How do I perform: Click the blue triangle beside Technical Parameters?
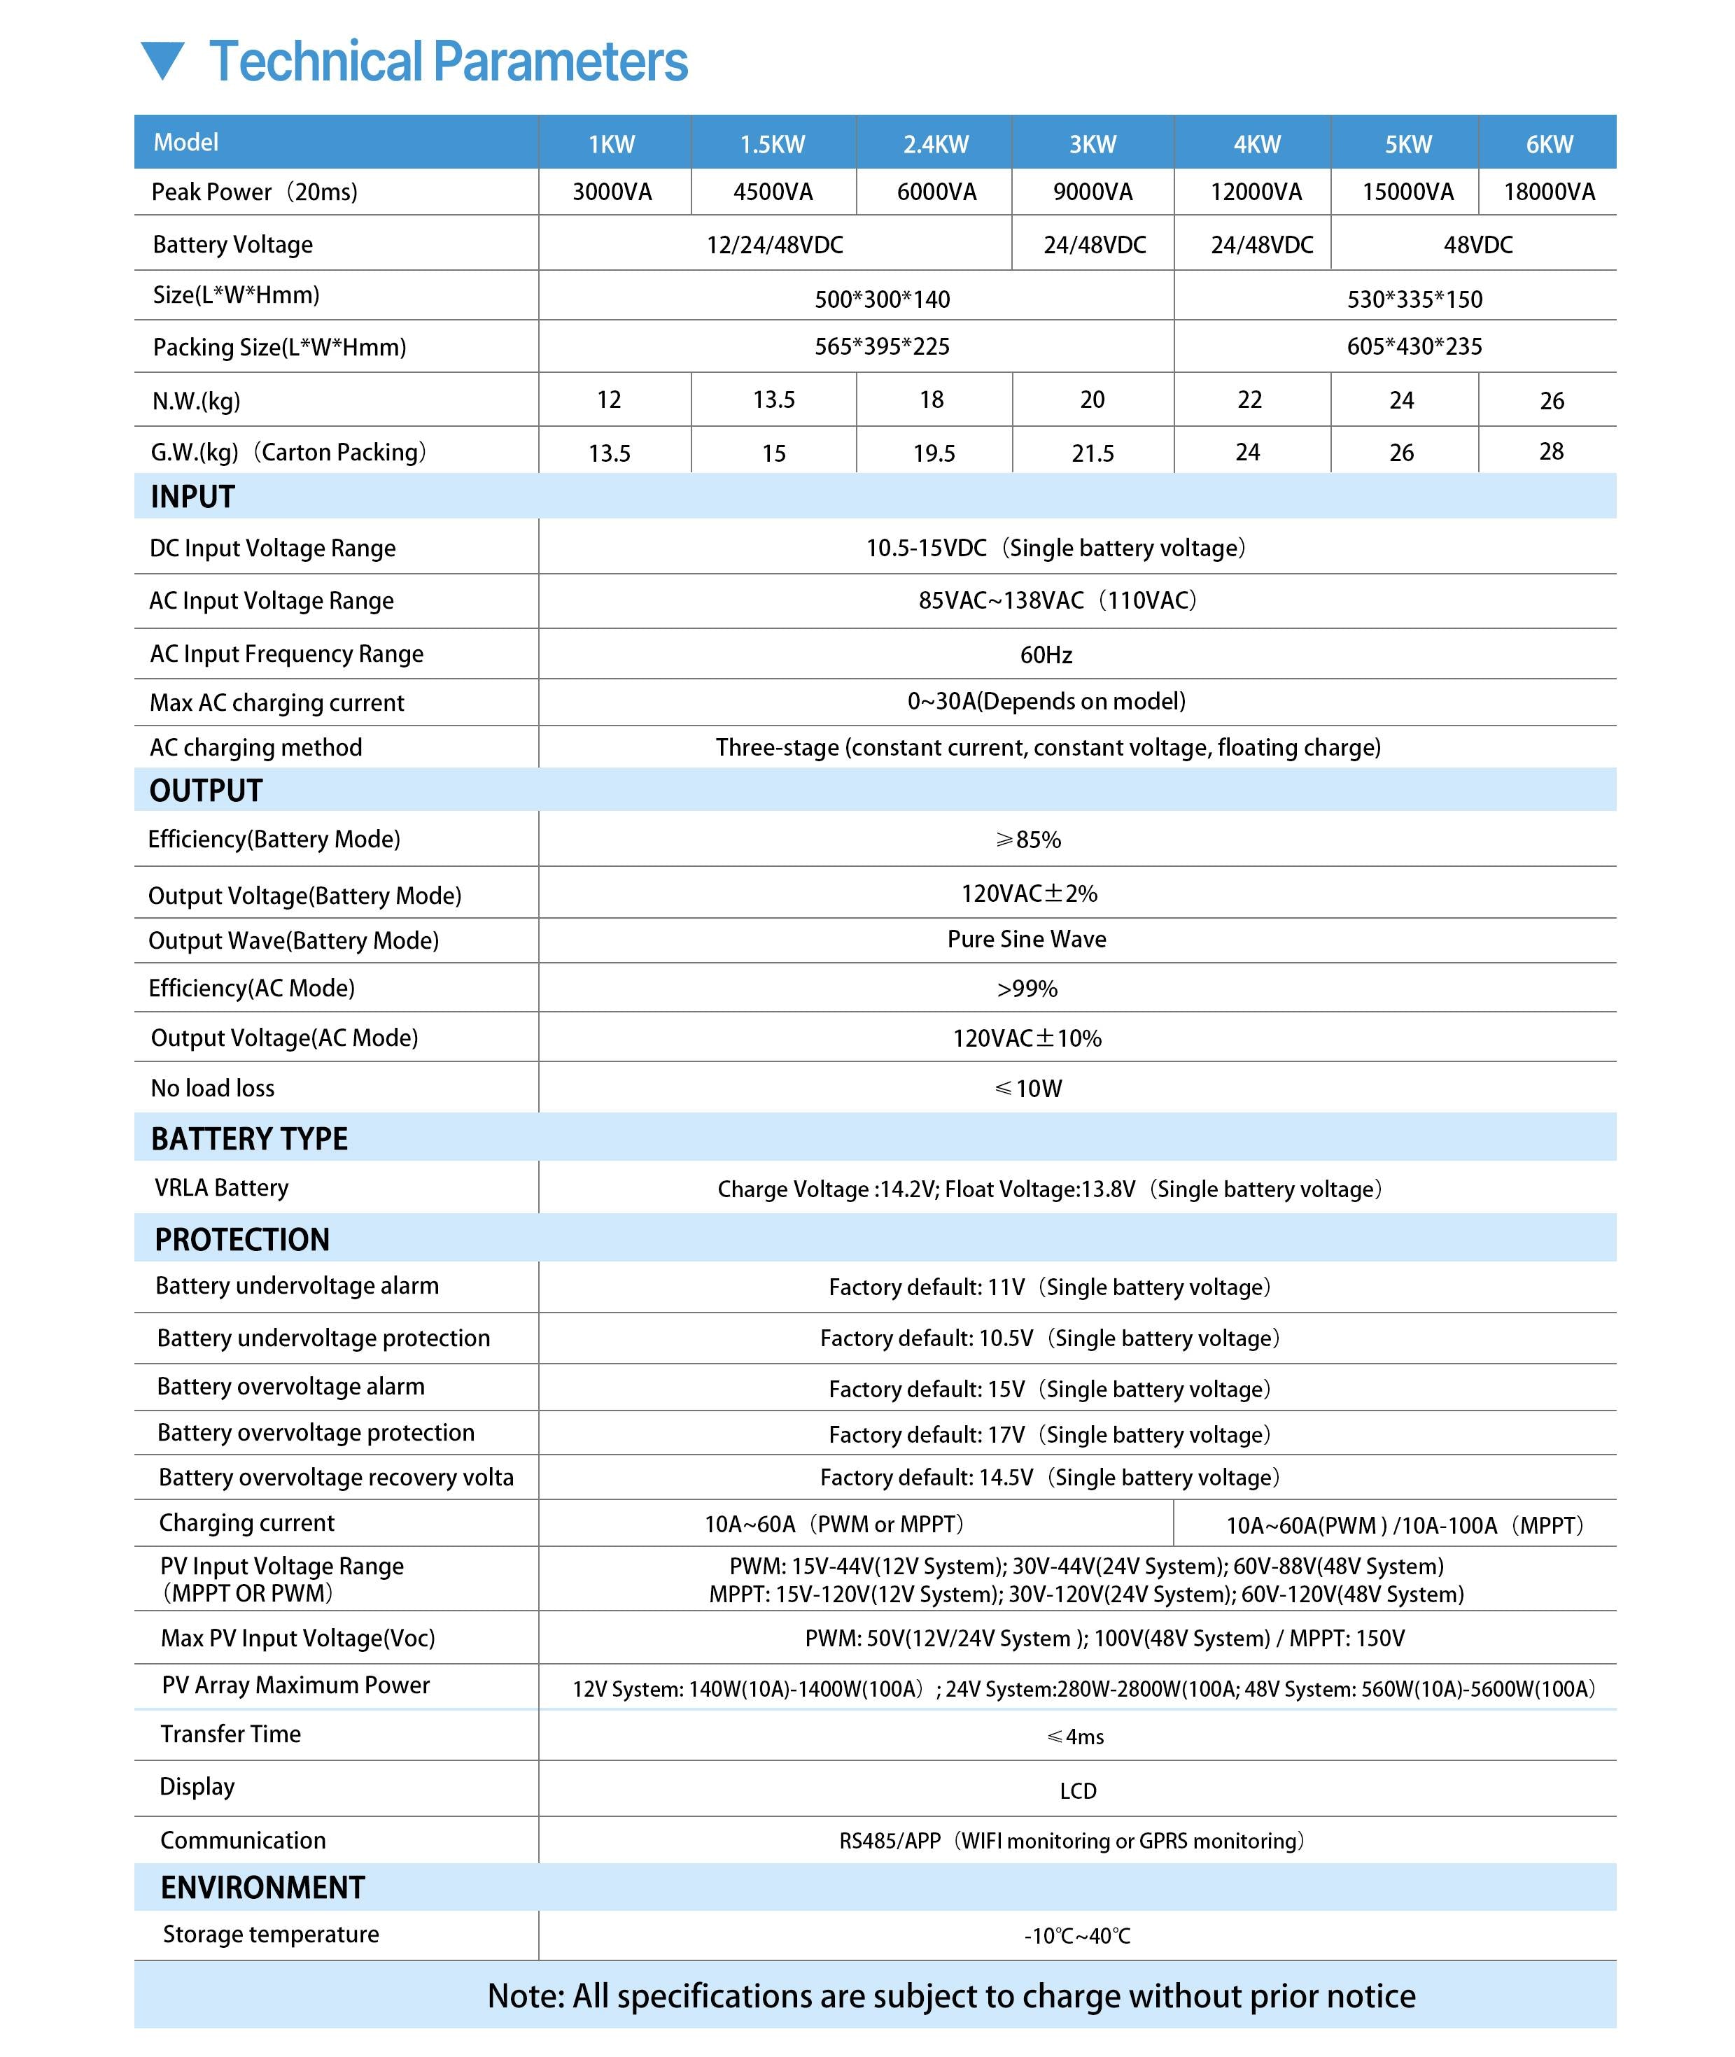pyautogui.click(x=162, y=61)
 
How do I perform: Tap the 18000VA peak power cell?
pyautogui.click(x=1548, y=192)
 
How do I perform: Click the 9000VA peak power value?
pyautogui.click(x=1092, y=192)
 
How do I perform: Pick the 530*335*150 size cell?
pyautogui.click(x=1413, y=299)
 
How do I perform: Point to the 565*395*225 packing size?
pyautogui.click(x=881, y=346)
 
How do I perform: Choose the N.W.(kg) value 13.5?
pyautogui.click(x=773, y=400)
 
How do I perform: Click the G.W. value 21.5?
pyautogui.click(x=1092, y=453)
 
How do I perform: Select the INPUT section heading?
pyautogui.click(x=192, y=497)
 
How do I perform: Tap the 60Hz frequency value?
pyautogui.click(x=1046, y=655)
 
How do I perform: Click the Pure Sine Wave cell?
pyautogui.click(x=1026, y=939)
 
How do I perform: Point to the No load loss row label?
pyautogui.click(x=213, y=1087)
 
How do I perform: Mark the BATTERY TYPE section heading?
pyautogui.click(x=249, y=1138)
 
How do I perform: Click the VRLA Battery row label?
pyautogui.click(x=221, y=1188)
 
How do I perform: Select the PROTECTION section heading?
pyautogui.click(x=242, y=1240)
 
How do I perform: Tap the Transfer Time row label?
pyautogui.click(x=230, y=1734)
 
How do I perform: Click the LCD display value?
pyautogui.click(x=1077, y=1790)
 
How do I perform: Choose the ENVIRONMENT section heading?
pyautogui.click(x=262, y=1887)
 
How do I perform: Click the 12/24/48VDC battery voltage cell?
pyautogui.click(x=774, y=245)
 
